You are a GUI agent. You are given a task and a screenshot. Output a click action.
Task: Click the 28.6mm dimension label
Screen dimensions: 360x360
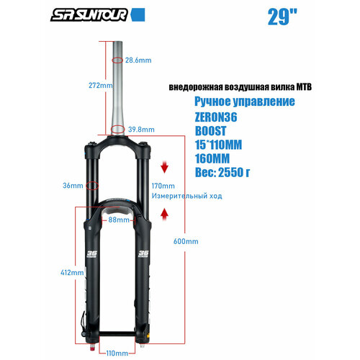138,60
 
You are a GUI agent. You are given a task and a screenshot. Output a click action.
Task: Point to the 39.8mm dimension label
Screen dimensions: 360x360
141,130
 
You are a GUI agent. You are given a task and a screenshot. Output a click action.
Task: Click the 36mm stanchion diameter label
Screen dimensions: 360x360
72,186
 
